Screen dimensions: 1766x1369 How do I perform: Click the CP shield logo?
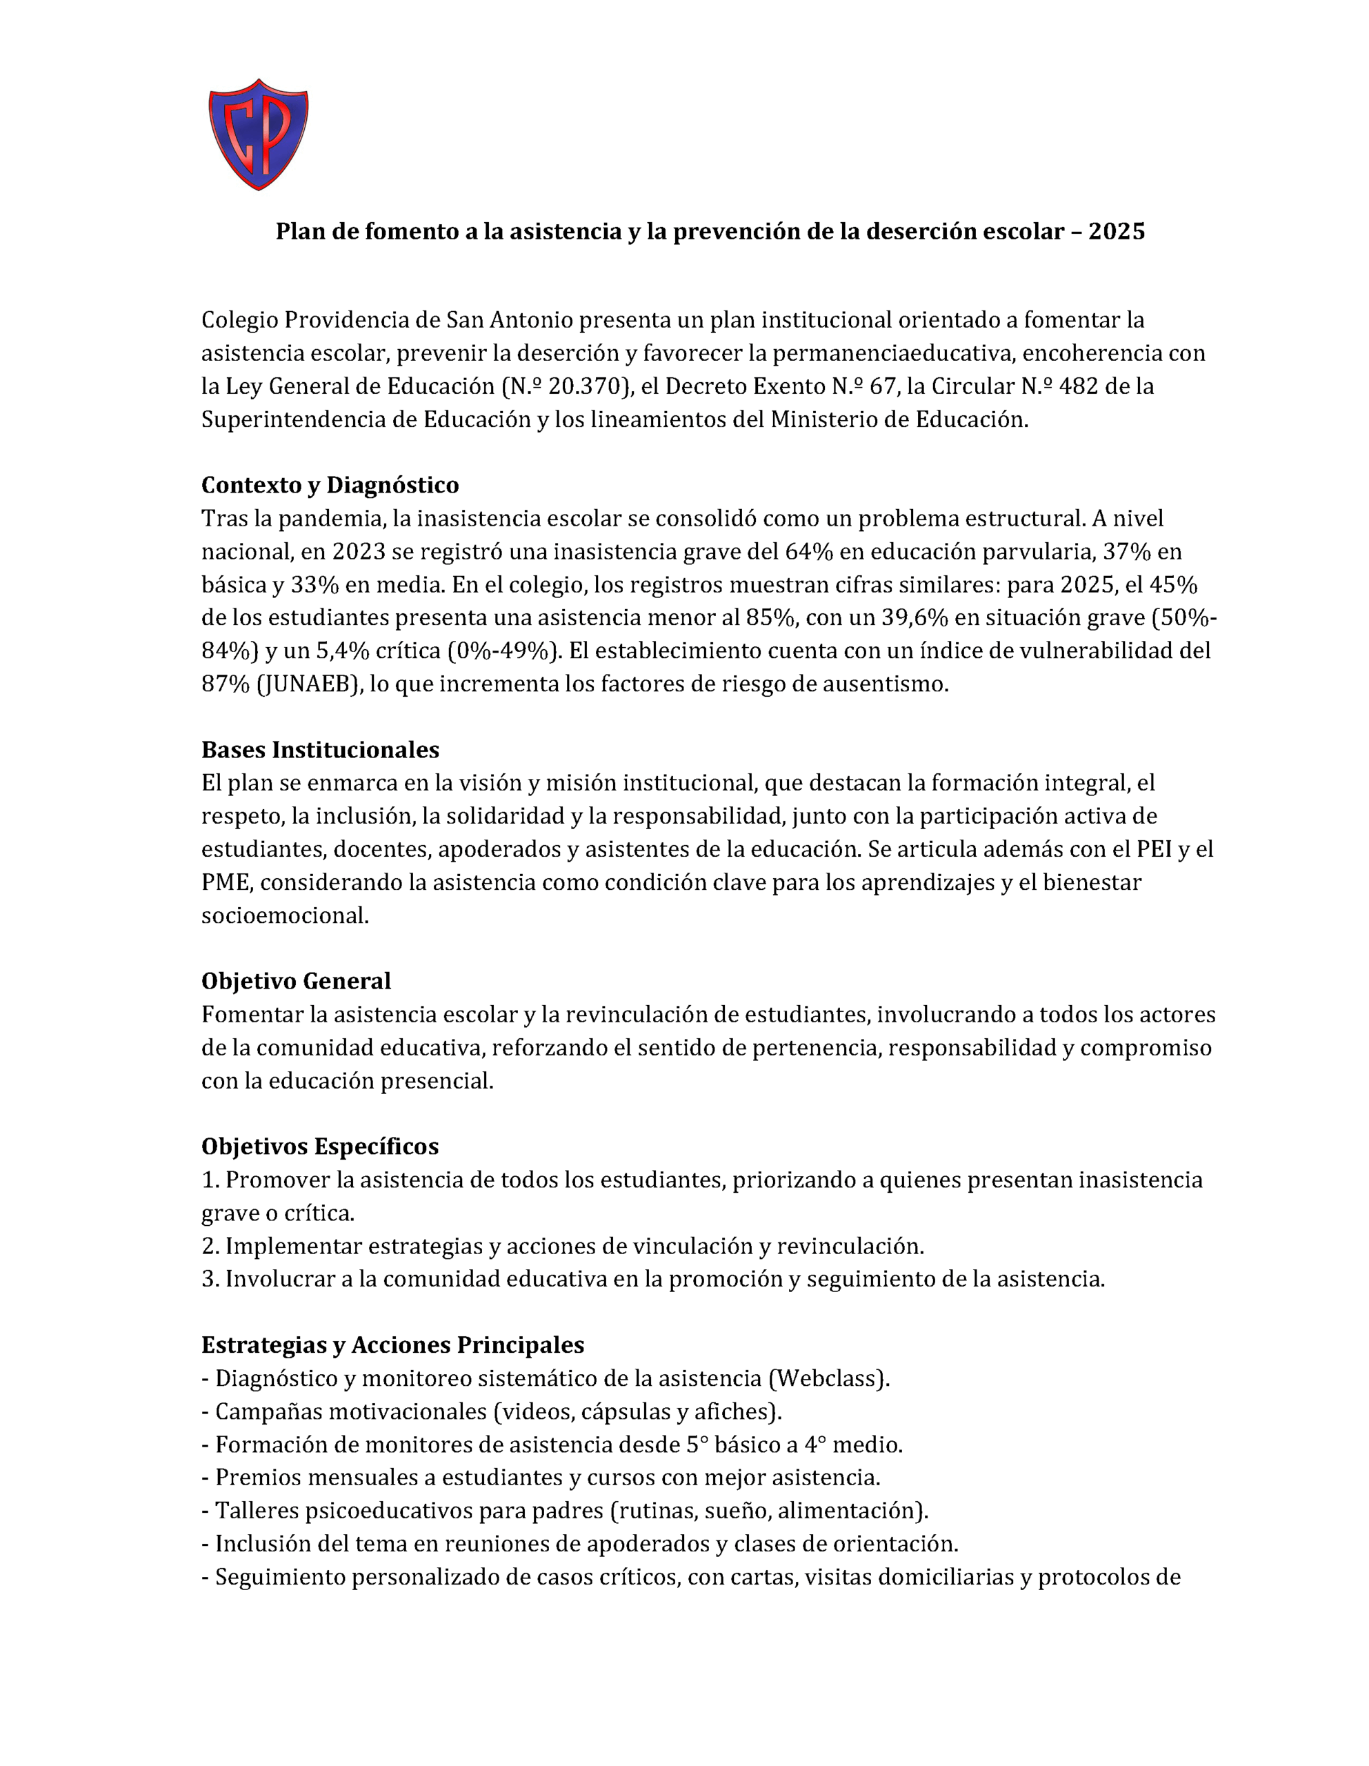258,135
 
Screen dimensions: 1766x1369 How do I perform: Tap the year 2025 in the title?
1116,232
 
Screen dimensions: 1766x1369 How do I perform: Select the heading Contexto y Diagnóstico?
330,485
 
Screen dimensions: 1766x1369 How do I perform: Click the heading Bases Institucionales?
320,750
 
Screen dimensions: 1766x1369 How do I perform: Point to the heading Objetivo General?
296,981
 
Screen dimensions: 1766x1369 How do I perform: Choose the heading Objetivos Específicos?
320,1147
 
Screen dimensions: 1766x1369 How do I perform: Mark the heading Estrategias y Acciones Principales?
392,1345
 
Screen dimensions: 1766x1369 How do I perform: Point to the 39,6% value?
919,618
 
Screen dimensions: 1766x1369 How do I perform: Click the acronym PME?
226,882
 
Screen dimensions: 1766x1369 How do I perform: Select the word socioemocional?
285,915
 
